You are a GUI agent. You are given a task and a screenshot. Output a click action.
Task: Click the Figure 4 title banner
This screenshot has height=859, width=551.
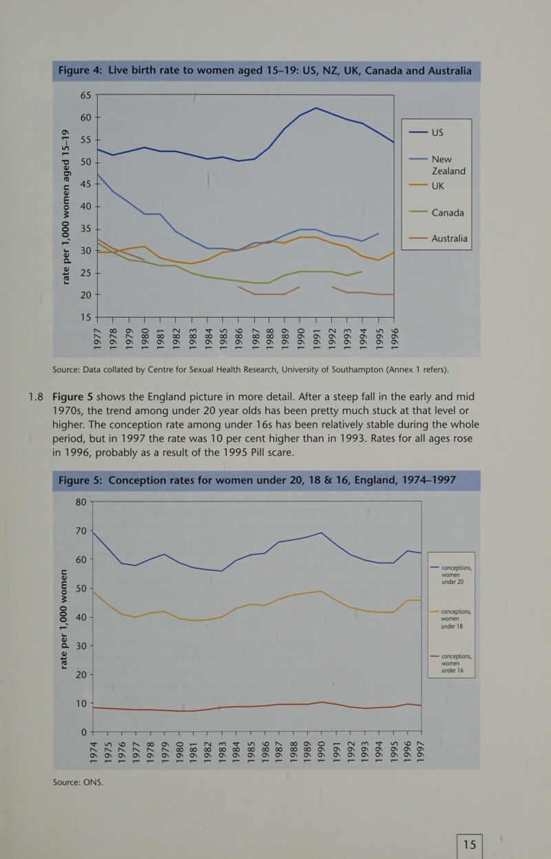(265, 72)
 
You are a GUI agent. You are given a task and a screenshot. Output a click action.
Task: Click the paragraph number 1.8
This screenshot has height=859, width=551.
(31, 397)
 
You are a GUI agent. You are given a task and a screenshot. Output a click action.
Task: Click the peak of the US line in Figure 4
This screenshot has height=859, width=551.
(315, 107)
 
